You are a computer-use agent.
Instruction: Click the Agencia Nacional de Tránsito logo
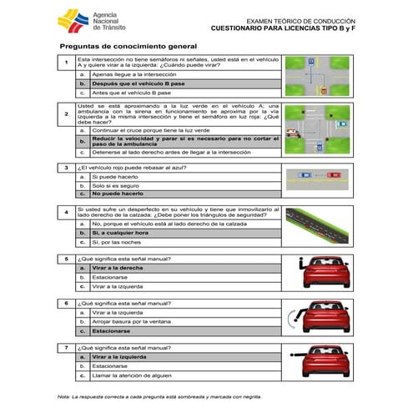coord(87,23)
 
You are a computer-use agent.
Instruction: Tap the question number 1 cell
coord(66,63)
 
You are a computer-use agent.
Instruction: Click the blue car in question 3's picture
coord(305,176)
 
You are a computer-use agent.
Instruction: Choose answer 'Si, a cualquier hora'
coord(120,233)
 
